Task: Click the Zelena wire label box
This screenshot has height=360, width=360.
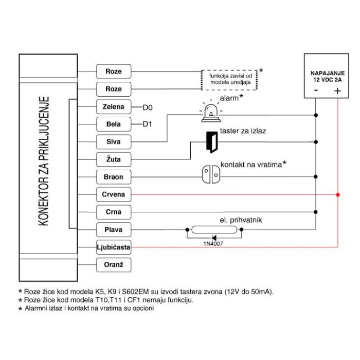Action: coord(114,107)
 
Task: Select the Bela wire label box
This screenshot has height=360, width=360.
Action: coord(114,124)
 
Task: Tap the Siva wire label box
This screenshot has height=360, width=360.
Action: coord(114,141)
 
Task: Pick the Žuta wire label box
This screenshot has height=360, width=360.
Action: coord(114,159)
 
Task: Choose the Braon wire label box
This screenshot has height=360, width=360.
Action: coord(114,177)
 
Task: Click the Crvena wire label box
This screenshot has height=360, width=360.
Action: coord(114,194)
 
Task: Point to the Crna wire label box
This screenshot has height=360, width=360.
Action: coord(114,212)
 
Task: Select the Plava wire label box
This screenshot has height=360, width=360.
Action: coord(114,229)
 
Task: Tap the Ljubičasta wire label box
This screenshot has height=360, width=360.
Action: coord(114,247)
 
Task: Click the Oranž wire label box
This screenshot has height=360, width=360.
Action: coord(114,265)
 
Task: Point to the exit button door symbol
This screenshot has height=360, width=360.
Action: coord(212,142)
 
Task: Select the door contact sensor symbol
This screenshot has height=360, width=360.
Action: coord(211,174)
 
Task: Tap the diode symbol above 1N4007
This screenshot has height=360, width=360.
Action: coord(214,238)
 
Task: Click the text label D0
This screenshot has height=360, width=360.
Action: coord(148,107)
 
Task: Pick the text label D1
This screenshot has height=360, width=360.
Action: coord(147,124)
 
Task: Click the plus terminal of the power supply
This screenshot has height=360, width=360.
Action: coord(337,91)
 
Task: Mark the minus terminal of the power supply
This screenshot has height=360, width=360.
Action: coord(316,90)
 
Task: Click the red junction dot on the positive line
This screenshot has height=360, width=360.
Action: coord(338,195)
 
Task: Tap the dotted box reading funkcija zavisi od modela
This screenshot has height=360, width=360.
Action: coord(229,80)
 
